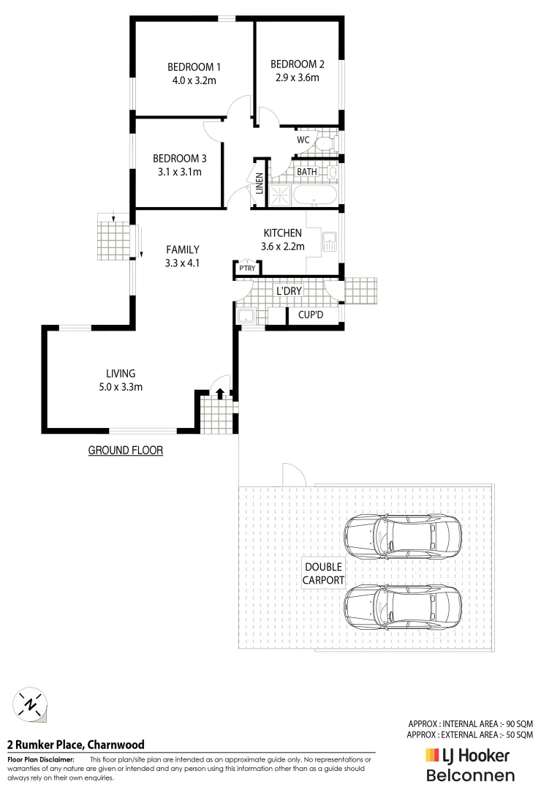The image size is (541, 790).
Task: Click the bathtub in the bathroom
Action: pyautogui.click(x=314, y=196)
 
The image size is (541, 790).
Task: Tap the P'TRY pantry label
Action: pyautogui.click(x=246, y=269)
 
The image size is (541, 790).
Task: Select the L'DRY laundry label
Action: pyautogui.click(x=289, y=291)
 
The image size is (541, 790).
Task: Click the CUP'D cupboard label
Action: pyautogui.click(x=311, y=315)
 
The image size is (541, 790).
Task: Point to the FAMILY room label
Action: pyautogui.click(x=182, y=249)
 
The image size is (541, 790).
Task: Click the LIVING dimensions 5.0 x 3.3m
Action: pyautogui.click(x=121, y=386)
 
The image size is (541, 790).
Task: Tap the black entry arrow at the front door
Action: pyautogui.click(x=220, y=395)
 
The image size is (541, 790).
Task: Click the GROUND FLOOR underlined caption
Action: pyautogui.click(x=126, y=451)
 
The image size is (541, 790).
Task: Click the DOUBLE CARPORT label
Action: pyautogui.click(x=324, y=573)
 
